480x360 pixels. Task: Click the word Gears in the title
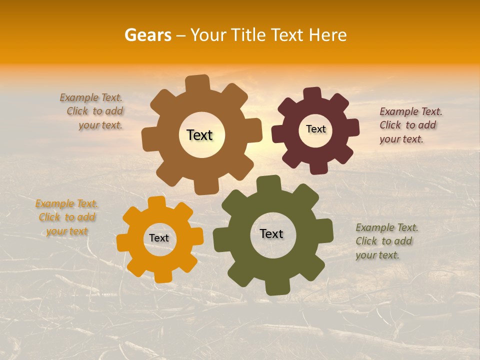click(x=148, y=35)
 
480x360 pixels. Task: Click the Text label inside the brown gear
click(x=200, y=135)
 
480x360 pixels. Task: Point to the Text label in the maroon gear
click(x=316, y=129)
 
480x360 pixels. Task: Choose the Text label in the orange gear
click(x=159, y=238)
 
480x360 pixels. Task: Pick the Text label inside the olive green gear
click(x=271, y=233)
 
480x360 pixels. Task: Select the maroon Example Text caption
click(x=410, y=125)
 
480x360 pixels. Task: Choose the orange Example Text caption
click(x=66, y=217)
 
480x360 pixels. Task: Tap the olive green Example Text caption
click(x=386, y=241)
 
